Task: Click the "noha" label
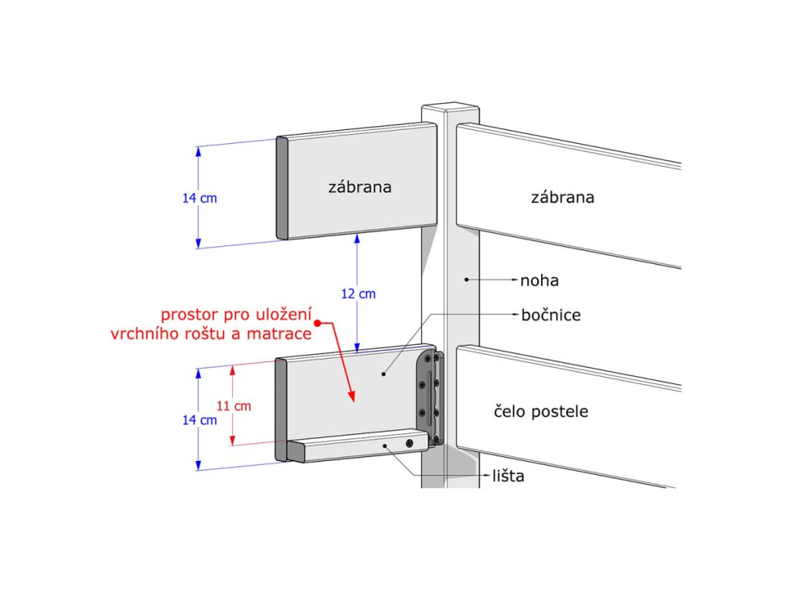click(540, 281)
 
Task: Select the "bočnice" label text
click(551, 315)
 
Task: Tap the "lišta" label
click(508, 476)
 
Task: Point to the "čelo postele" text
click(540, 412)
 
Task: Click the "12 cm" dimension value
click(359, 294)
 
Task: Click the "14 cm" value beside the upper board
click(199, 198)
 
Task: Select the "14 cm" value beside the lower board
click(199, 420)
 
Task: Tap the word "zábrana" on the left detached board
click(360, 187)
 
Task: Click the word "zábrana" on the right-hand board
click(563, 198)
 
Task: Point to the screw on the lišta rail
click(410, 443)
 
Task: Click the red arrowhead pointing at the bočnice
click(353, 397)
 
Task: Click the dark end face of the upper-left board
click(281, 188)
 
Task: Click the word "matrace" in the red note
click(284, 334)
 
